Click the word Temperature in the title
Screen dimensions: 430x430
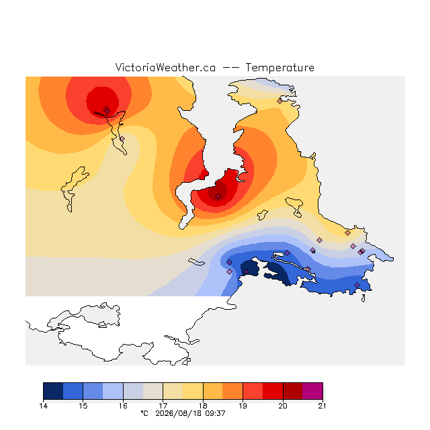click(x=279, y=67)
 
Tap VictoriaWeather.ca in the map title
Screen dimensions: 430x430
click(x=165, y=67)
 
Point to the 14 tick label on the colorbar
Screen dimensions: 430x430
click(x=43, y=406)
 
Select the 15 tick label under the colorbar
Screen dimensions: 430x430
click(x=83, y=406)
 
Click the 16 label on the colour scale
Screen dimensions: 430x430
click(x=123, y=406)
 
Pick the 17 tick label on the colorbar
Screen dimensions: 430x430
click(x=163, y=406)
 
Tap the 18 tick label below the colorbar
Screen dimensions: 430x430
click(x=203, y=406)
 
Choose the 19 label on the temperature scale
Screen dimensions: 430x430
click(x=243, y=406)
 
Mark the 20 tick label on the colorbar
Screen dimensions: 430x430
click(x=283, y=406)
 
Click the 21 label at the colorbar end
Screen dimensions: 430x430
click(x=322, y=406)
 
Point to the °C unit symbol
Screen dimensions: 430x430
click(x=144, y=413)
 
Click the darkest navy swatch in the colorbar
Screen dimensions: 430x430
click(x=53, y=391)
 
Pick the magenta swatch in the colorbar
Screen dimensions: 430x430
click(x=312, y=391)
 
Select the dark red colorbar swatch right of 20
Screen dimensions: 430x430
click(x=293, y=391)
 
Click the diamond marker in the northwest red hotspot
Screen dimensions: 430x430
click(x=107, y=111)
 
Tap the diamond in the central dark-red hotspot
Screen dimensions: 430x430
click(x=218, y=197)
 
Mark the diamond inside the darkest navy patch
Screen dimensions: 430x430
click(x=247, y=271)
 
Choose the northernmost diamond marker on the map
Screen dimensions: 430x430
click(x=279, y=101)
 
